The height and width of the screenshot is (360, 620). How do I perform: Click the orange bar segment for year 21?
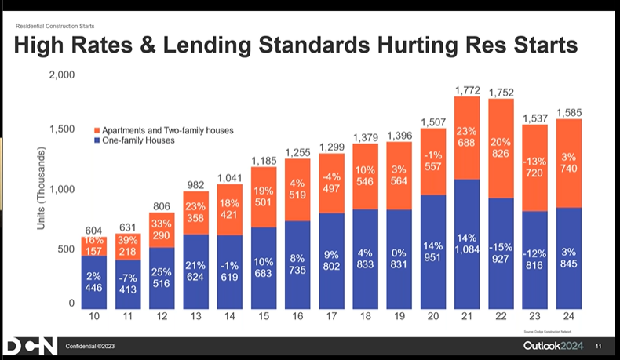(x=467, y=138)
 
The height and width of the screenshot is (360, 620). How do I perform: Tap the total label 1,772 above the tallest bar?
(x=467, y=90)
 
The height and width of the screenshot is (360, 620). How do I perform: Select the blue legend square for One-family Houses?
(x=97, y=140)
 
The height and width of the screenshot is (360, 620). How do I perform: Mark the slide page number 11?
(x=598, y=347)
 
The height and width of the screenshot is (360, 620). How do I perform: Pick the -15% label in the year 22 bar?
(x=500, y=247)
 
